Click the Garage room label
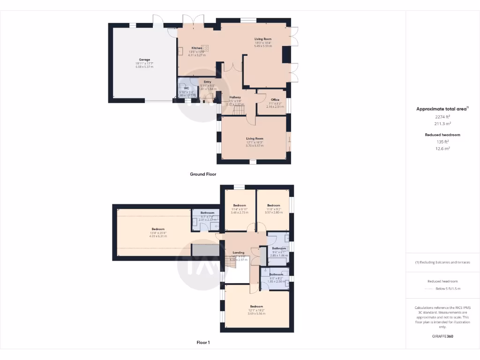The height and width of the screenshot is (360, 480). click(x=144, y=60)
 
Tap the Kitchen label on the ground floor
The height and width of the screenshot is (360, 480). click(x=197, y=48)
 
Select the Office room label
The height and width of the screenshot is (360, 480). click(x=275, y=99)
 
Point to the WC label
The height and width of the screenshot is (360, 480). click(x=186, y=88)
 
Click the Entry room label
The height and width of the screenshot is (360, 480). click(x=207, y=82)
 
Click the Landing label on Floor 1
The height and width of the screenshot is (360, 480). click(x=238, y=252)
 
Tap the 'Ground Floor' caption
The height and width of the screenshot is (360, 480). click(x=202, y=174)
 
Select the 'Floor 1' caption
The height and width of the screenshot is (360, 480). click(x=203, y=343)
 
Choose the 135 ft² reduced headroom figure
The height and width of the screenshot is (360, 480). click(x=443, y=142)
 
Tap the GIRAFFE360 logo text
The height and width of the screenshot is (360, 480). click(x=442, y=336)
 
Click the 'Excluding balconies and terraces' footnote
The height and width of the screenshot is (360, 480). click(x=442, y=262)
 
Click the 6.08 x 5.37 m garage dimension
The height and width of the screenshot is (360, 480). click(x=144, y=67)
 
